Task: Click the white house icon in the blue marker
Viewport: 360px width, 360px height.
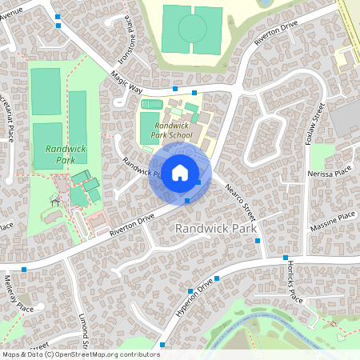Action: click(x=180, y=173)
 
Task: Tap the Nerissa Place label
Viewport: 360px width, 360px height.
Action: click(x=329, y=173)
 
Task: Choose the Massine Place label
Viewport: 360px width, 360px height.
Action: click(x=334, y=217)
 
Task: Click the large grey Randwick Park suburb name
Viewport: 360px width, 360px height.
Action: click(x=215, y=229)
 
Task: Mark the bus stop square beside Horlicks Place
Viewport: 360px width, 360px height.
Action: click(x=286, y=258)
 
